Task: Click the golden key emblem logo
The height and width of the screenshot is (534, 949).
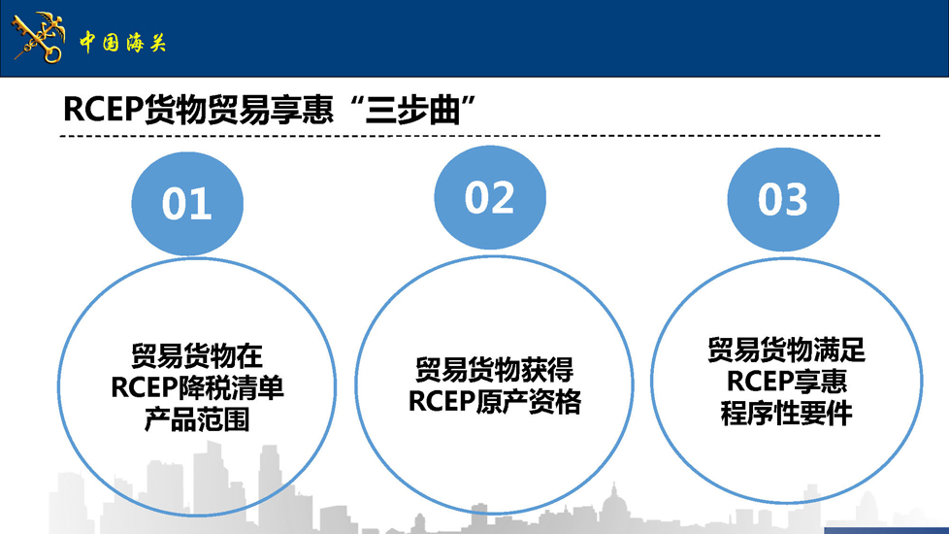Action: click(39, 38)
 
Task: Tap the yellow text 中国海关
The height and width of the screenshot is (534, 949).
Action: click(122, 43)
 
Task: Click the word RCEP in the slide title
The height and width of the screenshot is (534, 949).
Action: click(103, 110)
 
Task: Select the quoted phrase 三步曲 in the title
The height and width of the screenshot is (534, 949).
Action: click(412, 110)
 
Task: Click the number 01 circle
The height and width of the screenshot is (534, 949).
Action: click(187, 204)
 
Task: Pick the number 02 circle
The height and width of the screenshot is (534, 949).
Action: click(490, 197)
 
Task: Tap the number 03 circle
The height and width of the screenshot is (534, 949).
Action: click(783, 199)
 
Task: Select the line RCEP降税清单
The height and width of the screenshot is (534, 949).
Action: click(197, 387)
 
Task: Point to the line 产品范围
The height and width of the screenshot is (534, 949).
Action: click(197, 419)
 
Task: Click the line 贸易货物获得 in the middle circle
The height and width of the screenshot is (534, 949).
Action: click(494, 370)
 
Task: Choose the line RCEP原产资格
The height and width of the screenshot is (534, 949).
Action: click(495, 401)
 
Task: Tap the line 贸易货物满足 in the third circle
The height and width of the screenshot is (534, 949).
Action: click(786, 350)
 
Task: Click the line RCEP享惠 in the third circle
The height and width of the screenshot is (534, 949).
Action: click(786, 382)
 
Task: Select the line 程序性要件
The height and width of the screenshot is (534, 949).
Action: click(786, 413)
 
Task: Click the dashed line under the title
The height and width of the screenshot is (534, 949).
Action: click(470, 136)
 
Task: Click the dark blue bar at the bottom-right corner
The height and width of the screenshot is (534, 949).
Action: click(886, 530)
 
